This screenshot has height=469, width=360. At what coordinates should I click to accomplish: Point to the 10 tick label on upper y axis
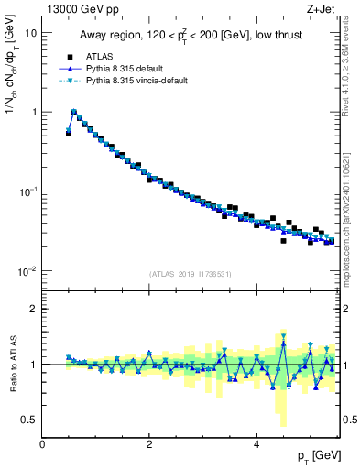[x=30, y=32]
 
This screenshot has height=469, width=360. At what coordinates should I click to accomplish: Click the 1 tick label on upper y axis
[x=33, y=112]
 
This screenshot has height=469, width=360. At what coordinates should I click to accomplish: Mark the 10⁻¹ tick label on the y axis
[x=27, y=191]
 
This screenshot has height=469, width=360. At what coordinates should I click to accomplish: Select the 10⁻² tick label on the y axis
[x=27, y=271]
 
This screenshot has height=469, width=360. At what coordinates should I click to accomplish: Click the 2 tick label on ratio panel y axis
[x=33, y=309]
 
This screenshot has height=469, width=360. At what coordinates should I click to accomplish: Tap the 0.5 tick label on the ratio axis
[x=28, y=420]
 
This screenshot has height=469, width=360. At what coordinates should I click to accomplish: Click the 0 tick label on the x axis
[x=42, y=444]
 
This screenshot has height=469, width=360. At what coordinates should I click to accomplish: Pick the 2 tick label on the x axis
[x=149, y=444]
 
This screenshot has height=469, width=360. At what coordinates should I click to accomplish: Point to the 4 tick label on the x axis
[x=256, y=444]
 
